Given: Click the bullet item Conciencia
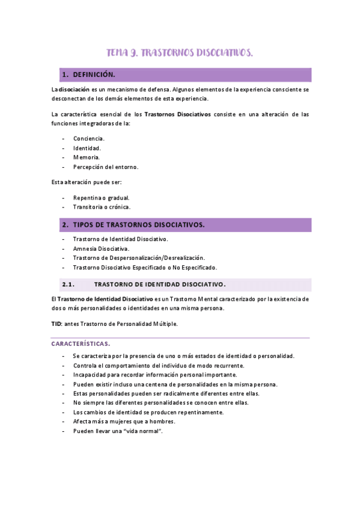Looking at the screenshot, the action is tap(88, 138).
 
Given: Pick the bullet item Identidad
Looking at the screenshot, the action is tap(87, 148).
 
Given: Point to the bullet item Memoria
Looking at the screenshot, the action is tap(87, 158).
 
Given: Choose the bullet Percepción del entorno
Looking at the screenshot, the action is tap(105, 167).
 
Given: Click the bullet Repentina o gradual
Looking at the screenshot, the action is tap(101, 197).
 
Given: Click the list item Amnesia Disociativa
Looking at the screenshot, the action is tap(100, 248).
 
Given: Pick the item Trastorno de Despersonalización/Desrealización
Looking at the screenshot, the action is tap(138, 258).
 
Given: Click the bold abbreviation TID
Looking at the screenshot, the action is tap(56, 324).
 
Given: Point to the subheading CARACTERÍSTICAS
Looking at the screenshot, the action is tap(80, 344).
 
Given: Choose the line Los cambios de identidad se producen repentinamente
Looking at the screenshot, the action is tap(148, 412).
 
